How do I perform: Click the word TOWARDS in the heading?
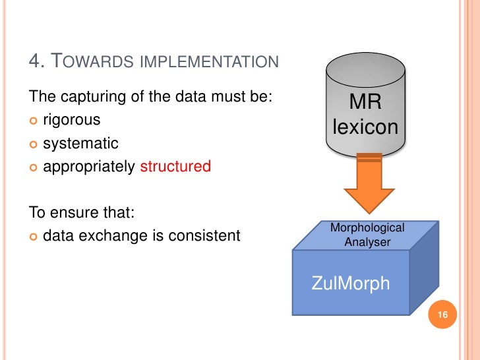(x=86, y=63)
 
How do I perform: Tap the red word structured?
(x=175, y=166)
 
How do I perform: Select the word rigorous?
(x=72, y=121)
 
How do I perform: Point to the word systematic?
(x=80, y=143)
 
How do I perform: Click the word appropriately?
(x=89, y=166)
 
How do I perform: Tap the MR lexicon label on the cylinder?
(x=365, y=115)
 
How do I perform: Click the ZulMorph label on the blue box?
(x=350, y=284)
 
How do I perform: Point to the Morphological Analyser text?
(x=367, y=235)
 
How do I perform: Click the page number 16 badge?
(x=442, y=316)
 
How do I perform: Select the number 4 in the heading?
(x=36, y=63)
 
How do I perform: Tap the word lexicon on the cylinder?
(x=365, y=127)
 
